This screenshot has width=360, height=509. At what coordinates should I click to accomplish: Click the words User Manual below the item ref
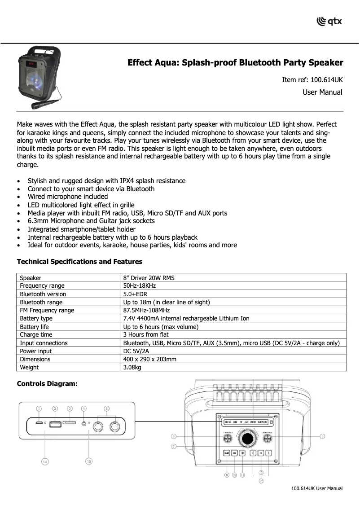click(x=322, y=92)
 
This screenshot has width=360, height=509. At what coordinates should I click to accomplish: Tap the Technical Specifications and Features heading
click(x=79, y=262)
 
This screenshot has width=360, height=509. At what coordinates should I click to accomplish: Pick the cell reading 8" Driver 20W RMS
click(x=149, y=278)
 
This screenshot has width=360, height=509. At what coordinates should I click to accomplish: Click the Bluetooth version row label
click(x=43, y=294)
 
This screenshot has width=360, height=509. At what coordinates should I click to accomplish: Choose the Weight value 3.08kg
click(x=132, y=368)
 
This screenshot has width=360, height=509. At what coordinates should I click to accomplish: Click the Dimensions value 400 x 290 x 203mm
click(x=149, y=360)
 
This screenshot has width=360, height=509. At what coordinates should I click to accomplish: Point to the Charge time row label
click(x=36, y=335)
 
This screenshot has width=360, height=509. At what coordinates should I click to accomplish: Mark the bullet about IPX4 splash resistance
click(x=106, y=181)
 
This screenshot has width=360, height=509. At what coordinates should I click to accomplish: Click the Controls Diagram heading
click(x=47, y=384)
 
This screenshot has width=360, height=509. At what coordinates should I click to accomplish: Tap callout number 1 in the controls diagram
click(x=39, y=408)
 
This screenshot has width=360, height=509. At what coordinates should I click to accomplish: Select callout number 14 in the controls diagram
click(x=45, y=462)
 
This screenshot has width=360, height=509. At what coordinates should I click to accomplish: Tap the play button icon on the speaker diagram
click(x=242, y=453)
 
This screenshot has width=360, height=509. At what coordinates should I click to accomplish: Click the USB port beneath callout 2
click(x=55, y=424)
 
